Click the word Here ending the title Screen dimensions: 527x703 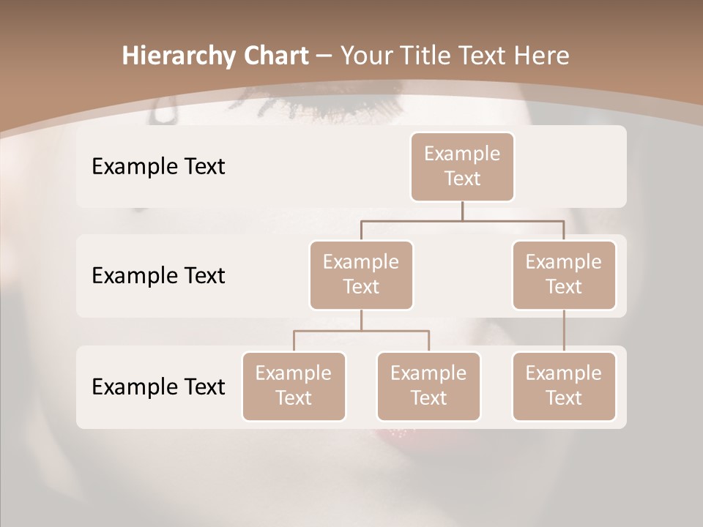542,56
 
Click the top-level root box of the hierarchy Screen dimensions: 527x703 462,166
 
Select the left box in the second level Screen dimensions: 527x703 361,274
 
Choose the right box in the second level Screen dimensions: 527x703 564,274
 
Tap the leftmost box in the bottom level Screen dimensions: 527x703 294,386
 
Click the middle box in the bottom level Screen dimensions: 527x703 428,386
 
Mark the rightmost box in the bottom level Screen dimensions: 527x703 564,386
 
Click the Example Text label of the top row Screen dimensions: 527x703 158,166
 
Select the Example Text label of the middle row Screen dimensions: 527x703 158,275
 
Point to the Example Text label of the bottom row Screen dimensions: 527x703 158,386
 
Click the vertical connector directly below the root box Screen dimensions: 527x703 462,211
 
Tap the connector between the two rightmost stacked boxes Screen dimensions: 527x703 564,331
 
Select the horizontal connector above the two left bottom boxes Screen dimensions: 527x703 361,331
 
